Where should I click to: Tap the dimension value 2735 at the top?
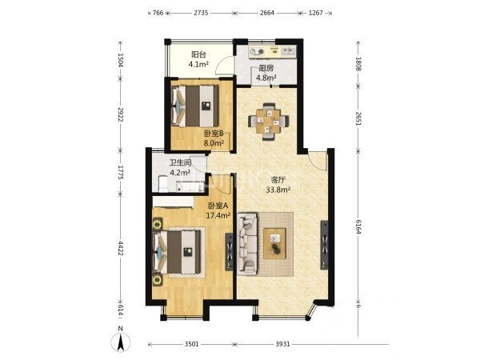201,13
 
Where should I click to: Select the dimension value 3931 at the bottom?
282,344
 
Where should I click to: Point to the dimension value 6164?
358,226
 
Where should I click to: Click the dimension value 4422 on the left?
121,248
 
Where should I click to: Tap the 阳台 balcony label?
198,54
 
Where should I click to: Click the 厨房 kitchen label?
266,68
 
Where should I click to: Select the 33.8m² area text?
278,190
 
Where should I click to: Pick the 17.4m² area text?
218,215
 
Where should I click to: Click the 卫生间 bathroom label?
181,163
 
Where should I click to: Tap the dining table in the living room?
269,122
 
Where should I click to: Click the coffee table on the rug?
275,243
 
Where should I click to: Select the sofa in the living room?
247,244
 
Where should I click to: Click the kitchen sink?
289,50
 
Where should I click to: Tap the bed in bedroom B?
195,106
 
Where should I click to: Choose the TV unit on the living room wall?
324,245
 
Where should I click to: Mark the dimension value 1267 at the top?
316,13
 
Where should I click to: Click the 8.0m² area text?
214,143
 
